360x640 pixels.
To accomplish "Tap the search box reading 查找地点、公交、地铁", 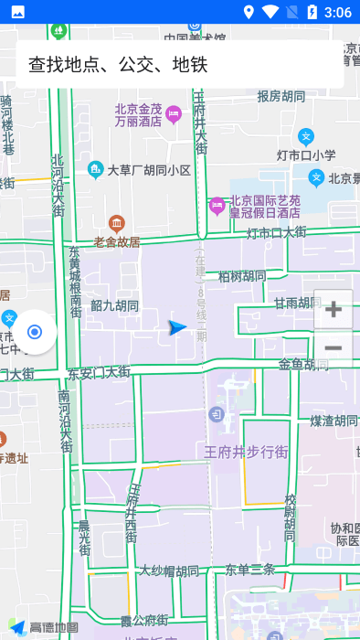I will coord(179,64).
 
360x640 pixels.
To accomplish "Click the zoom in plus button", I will coord(334,309).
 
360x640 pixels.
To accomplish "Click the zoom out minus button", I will coord(334,348).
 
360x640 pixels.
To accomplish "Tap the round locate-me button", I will coord(35,331).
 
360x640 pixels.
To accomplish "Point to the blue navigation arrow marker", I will coord(177,327).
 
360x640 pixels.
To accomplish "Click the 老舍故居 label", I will coord(117,242).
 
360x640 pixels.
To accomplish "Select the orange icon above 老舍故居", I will coord(116,222).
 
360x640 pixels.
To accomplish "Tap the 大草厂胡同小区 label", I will coord(149,170).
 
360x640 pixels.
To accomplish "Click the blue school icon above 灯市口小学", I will coord(306,136).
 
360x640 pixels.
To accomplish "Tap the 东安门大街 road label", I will coord(99,372).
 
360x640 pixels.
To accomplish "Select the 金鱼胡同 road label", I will coord(303,364).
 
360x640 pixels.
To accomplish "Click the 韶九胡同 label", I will coord(114,306).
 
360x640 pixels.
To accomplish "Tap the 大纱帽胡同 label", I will coord(168,571).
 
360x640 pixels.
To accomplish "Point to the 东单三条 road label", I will coord(250,569).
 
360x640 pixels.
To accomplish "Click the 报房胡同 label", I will coord(281,96).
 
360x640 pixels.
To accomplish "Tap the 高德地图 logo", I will coord(43,627).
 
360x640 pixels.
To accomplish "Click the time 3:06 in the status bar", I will coord(337,12).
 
